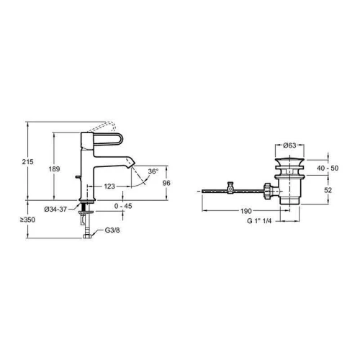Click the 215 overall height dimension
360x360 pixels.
[x=27, y=162]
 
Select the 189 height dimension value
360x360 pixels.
[x=54, y=169]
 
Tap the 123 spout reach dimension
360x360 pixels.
[x=109, y=186]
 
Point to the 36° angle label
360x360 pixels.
[x=153, y=171]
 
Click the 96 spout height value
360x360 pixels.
[x=166, y=183]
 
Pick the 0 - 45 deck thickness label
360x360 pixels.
[x=123, y=206]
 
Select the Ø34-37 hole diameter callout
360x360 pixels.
[x=55, y=210]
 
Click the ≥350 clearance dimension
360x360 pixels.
[x=27, y=220]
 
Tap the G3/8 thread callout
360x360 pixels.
[x=112, y=230]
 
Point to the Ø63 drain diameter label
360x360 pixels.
[x=289, y=145]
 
